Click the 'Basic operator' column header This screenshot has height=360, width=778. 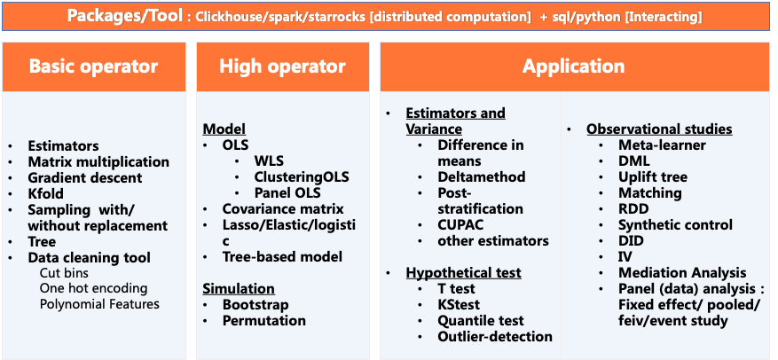[x=94, y=67]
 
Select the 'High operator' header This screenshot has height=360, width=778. [x=282, y=67]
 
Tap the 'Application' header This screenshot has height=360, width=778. [x=573, y=67]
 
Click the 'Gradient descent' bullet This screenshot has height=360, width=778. [x=85, y=177]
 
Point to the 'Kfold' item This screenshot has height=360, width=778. [x=45, y=193]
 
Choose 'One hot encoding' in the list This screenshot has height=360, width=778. [x=94, y=288]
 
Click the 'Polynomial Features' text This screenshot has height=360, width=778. [x=99, y=304]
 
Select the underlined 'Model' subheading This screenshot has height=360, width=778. [x=224, y=129]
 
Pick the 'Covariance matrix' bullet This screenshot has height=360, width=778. [x=283, y=208]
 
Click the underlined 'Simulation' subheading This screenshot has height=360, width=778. [x=239, y=288]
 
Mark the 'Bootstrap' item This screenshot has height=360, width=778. [x=255, y=304]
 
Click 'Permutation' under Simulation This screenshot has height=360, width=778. [x=264, y=320]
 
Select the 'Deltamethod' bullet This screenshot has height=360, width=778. [x=482, y=177]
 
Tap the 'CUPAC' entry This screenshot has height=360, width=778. [x=460, y=224]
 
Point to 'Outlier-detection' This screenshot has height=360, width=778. [x=495, y=336]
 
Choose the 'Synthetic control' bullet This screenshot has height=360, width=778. [x=675, y=224]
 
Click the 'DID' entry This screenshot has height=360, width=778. [x=631, y=240]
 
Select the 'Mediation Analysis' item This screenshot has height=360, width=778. [x=682, y=272]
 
